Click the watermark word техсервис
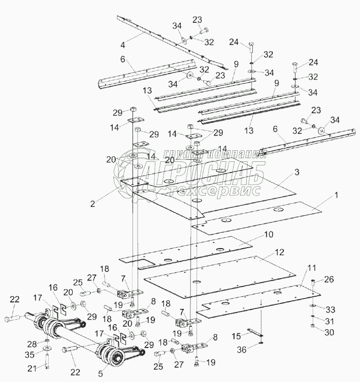pos(216,191)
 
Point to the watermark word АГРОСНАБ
pos(203,175)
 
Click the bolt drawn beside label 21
pos(47,360)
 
